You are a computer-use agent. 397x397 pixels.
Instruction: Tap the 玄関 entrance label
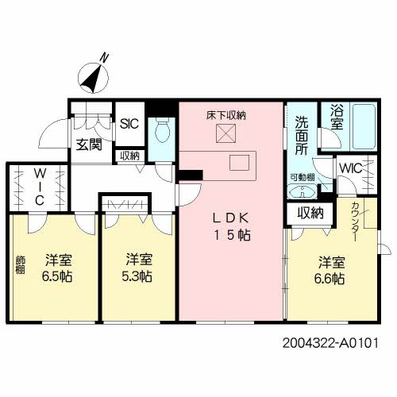pos(87,145)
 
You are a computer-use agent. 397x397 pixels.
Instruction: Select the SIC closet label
pos(128,123)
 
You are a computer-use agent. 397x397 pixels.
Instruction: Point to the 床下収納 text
pos(226,115)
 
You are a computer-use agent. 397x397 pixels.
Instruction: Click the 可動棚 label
pos(302,176)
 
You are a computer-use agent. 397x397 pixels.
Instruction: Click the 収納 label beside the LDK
pos(310,213)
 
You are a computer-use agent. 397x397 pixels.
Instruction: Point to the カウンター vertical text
pos(355,222)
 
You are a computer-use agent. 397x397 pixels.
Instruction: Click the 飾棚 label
pos(19,264)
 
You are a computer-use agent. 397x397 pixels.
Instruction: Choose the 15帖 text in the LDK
pos(231,235)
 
